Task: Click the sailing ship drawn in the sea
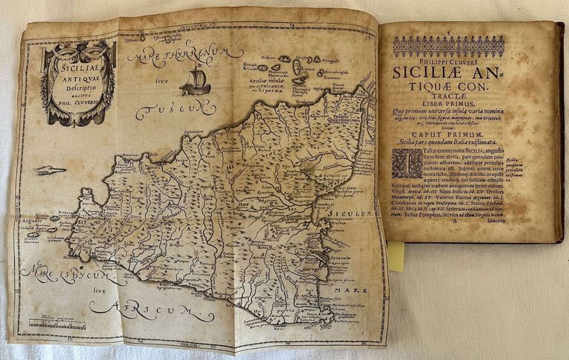tap(196, 81)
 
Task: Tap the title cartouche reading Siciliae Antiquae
tap(78, 81)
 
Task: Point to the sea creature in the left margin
tap(49, 171)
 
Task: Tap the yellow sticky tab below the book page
tap(396, 256)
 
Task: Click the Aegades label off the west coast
tap(33, 220)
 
